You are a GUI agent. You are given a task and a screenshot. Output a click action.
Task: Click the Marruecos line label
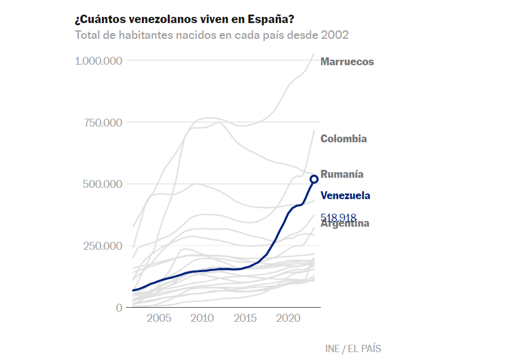tap(347, 62)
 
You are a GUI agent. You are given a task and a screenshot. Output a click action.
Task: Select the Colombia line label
tap(343, 139)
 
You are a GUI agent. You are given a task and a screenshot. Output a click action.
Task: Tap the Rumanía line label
tap(342, 174)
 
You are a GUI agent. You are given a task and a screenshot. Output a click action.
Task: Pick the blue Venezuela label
tap(345, 196)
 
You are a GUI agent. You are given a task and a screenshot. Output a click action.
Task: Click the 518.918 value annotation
tap(338, 217)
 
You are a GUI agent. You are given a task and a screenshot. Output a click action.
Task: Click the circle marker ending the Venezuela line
tap(314, 179)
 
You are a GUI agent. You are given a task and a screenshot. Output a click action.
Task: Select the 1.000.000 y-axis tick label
tap(98, 61)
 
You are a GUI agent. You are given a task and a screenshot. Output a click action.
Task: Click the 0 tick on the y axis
tap(119, 308)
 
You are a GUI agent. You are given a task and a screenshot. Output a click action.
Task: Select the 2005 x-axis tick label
tap(159, 319)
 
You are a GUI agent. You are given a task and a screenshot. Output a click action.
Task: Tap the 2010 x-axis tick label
tap(202, 319)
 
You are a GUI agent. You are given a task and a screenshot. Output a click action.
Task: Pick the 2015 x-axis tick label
tap(245, 319)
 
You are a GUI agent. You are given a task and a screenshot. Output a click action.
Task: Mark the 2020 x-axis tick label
tap(288, 319)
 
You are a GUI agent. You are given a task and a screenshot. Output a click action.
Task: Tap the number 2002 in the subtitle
tap(334, 35)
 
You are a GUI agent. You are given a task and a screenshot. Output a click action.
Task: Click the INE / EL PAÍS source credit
tap(353, 349)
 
